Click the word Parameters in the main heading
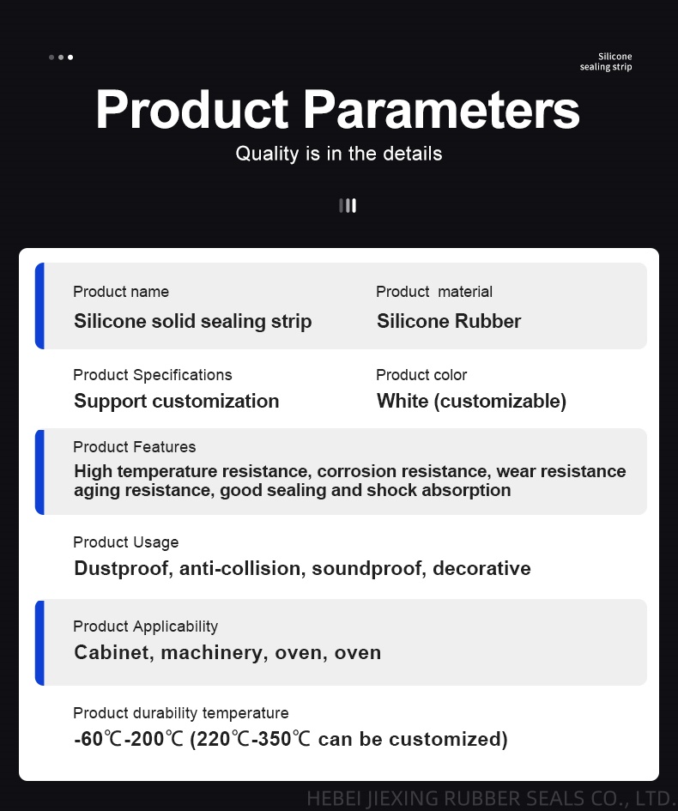[x=441, y=110]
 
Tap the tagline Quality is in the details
[x=339, y=154]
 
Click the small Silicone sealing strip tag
[x=606, y=62]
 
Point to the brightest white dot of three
[x=70, y=57]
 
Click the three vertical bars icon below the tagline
[x=348, y=206]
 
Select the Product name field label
[x=121, y=292]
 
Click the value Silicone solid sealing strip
[x=193, y=321]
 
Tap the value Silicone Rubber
[x=449, y=321]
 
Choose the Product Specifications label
[x=153, y=375]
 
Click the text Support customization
[x=176, y=402]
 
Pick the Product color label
[x=421, y=375]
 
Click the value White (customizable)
[x=472, y=402]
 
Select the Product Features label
[x=135, y=447]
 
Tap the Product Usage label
[x=125, y=542]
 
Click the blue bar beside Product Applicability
[x=39, y=643]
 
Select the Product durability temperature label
[x=181, y=713]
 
